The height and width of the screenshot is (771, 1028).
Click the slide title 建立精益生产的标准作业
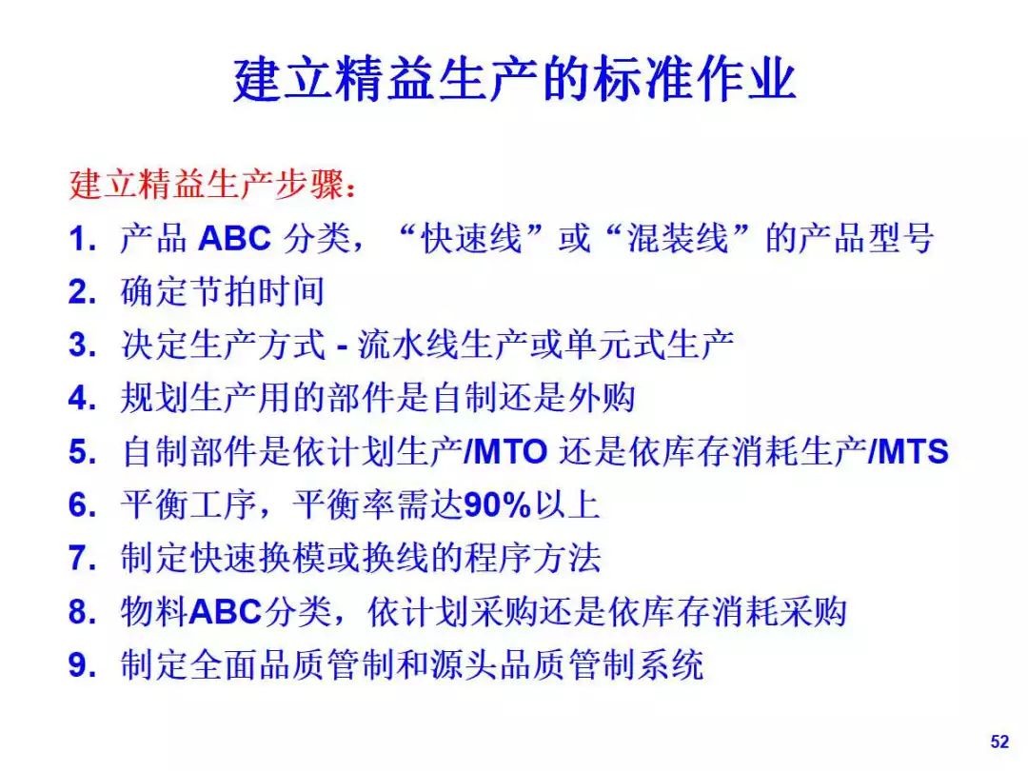click(x=515, y=80)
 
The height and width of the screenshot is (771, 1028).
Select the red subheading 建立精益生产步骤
click(x=207, y=185)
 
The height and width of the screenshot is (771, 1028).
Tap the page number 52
click(x=999, y=741)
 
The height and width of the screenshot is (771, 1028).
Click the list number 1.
click(x=81, y=239)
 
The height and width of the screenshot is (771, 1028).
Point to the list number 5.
click(x=82, y=452)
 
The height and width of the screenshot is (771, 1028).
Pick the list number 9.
click(x=82, y=664)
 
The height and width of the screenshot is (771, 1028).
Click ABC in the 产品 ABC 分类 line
click(x=235, y=238)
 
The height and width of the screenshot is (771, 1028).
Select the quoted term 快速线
click(x=471, y=238)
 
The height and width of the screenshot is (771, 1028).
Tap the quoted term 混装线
click(x=678, y=238)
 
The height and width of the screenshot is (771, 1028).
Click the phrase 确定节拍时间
click(x=223, y=292)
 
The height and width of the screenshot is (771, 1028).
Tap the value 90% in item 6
click(x=497, y=504)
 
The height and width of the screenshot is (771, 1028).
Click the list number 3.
click(x=82, y=345)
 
